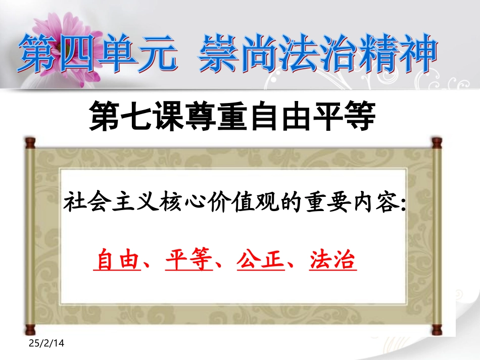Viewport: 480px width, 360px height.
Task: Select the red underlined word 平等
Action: click(x=188, y=261)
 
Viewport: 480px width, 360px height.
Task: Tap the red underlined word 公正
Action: click(x=260, y=261)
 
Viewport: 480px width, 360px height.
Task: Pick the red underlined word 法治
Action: click(x=333, y=261)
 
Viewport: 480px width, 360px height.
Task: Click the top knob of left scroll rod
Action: click(x=30, y=142)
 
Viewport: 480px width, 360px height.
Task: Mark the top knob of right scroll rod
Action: click(x=435, y=143)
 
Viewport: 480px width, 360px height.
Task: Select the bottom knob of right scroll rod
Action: click(x=435, y=331)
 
